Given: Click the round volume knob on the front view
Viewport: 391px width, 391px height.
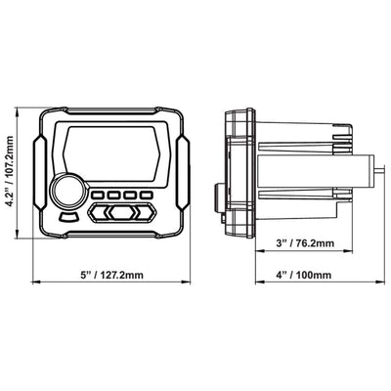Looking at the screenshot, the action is (68, 192).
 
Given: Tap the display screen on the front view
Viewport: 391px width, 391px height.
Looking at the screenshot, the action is (112, 153).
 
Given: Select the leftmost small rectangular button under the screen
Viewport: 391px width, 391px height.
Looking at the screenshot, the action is (97, 195).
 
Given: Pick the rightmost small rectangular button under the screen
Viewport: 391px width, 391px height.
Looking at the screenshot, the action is (147, 195).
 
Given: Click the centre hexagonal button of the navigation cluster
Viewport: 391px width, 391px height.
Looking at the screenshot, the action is (122, 213).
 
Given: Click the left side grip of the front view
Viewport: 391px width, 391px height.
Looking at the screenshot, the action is (40, 172).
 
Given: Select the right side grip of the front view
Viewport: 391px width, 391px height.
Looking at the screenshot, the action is (183, 172).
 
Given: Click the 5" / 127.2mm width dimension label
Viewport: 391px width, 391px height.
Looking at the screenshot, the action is (112, 275).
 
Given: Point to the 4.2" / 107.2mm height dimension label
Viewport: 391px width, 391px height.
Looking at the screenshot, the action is (10, 171).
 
